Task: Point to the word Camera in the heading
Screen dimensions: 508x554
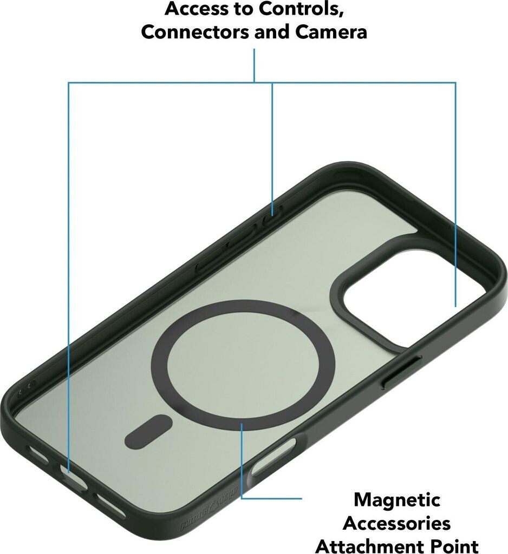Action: click(331, 31)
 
